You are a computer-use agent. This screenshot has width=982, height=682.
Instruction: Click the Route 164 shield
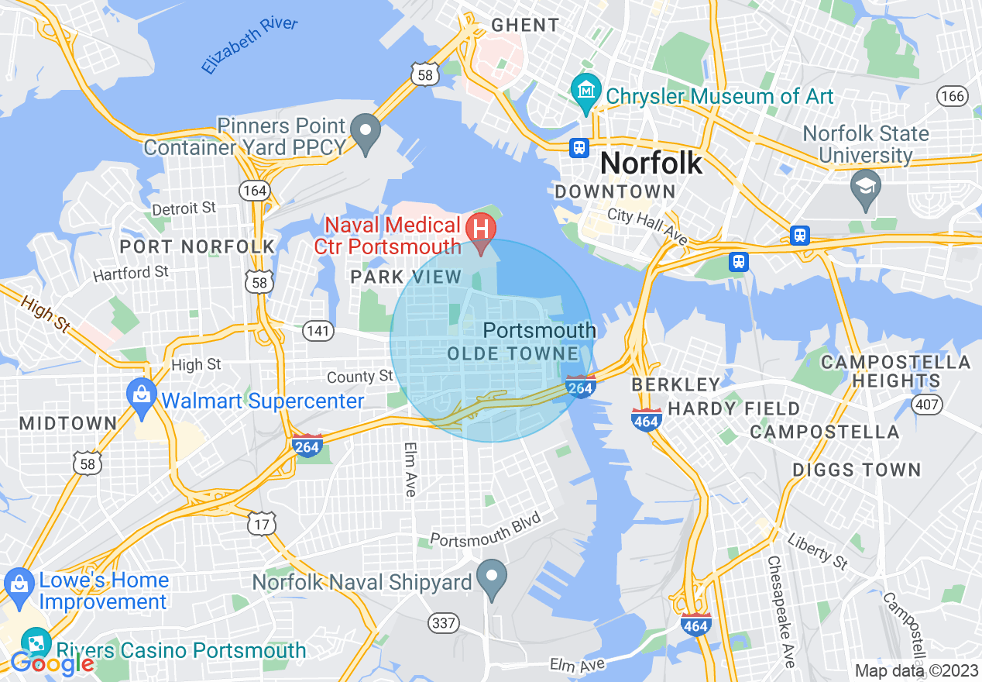(254, 190)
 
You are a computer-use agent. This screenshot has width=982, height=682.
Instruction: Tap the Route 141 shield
(319, 332)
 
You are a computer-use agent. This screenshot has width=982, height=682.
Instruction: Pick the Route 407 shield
(927, 404)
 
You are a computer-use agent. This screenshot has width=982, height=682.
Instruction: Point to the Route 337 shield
(444, 622)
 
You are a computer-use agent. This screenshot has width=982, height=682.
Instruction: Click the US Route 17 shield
(262, 523)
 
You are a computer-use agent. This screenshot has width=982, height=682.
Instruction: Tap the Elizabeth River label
(249, 45)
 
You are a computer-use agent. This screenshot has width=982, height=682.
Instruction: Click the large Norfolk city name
(651, 163)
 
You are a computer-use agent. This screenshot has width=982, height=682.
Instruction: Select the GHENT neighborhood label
(525, 25)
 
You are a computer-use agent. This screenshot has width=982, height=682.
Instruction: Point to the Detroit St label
(184, 208)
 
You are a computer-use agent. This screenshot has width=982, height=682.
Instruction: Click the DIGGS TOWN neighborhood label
(857, 470)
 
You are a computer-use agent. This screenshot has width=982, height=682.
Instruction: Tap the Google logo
(52, 663)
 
